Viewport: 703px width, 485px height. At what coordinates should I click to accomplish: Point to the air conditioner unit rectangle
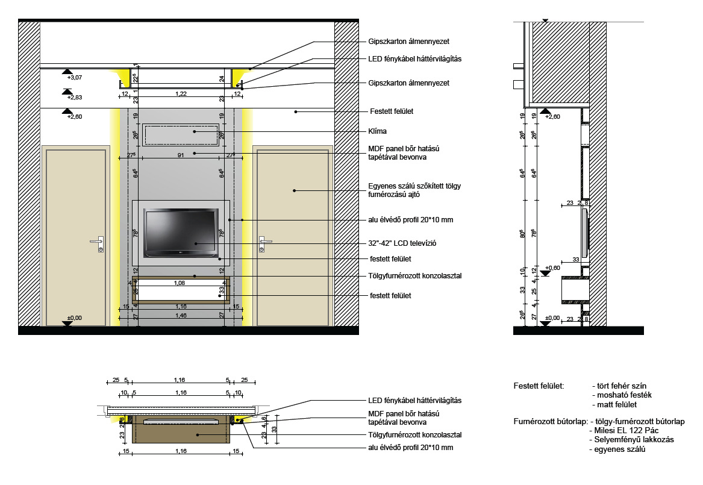(181, 134)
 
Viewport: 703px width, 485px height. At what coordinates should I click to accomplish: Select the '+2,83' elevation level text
(74, 98)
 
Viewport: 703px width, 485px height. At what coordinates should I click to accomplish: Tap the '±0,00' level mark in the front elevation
(75, 318)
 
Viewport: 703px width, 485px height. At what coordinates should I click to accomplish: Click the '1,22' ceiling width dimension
(180, 93)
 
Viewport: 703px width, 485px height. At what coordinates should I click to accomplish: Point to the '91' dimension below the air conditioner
(181, 155)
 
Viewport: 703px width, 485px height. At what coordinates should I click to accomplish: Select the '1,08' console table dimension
(179, 282)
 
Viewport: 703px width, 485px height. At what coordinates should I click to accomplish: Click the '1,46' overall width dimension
(180, 314)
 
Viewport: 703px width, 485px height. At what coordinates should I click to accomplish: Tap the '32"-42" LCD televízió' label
(402, 243)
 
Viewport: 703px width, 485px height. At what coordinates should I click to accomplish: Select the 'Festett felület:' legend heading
(539, 386)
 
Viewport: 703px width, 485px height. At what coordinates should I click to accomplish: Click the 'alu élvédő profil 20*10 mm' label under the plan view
(410, 448)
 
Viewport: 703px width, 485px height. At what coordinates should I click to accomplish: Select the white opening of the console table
(180, 293)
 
